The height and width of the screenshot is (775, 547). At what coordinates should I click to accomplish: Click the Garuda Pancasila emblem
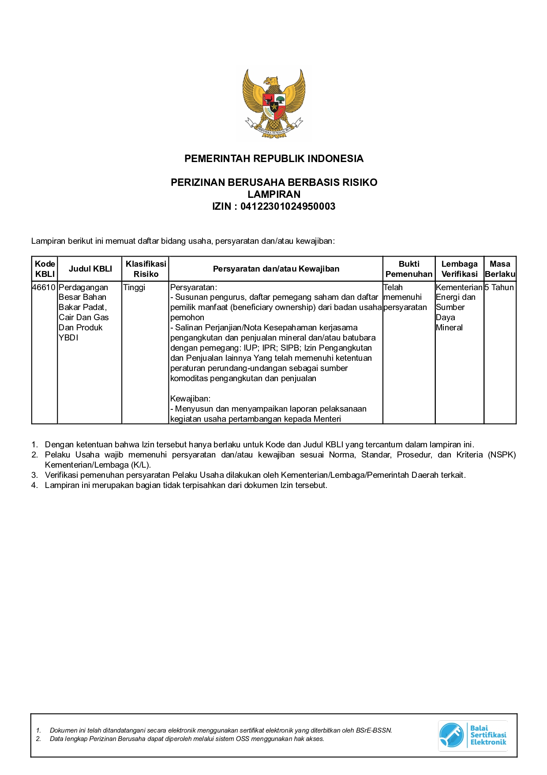tap(274, 104)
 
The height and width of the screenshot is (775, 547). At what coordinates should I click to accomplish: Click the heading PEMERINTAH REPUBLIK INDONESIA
tap(273, 159)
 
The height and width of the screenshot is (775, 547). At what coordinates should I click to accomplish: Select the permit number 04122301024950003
tap(288, 206)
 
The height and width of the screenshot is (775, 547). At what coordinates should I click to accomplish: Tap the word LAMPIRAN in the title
tap(273, 194)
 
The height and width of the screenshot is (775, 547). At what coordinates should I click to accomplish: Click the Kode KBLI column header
tap(45, 268)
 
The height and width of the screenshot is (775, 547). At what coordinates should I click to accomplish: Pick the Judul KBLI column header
tap(90, 268)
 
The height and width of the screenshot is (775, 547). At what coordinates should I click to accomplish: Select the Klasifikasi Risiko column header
tap(146, 268)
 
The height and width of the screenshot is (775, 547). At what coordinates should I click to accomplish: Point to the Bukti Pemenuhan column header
tap(409, 268)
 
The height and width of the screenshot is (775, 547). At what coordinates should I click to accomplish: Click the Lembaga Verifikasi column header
tap(459, 268)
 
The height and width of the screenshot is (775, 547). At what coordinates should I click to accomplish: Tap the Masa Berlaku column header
tap(500, 268)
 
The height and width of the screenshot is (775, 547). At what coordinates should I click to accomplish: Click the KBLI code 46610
tap(44, 287)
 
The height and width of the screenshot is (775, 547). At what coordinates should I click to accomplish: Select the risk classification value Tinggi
tap(134, 287)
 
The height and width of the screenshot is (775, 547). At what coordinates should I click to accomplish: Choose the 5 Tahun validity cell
tap(499, 287)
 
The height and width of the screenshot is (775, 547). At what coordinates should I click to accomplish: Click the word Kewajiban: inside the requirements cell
tap(190, 398)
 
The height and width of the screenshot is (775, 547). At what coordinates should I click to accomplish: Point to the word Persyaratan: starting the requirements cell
tap(194, 287)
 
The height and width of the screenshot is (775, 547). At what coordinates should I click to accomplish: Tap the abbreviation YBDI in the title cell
tap(68, 338)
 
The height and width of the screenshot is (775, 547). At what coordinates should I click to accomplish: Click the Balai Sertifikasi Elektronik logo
tap(473, 735)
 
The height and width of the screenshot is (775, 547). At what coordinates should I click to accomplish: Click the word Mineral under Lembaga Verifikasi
tap(449, 328)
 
